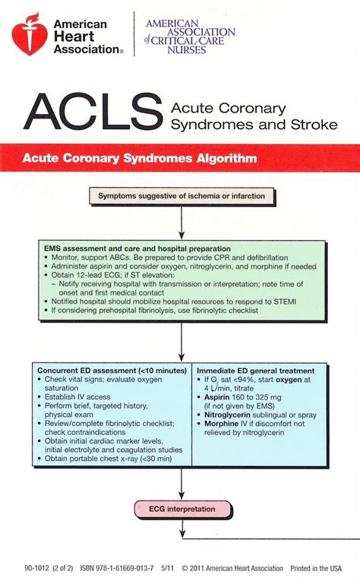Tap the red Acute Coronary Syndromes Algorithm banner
click(x=180, y=159)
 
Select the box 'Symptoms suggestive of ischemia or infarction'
click(x=181, y=196)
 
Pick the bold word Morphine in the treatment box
click(x=223, y=425)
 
